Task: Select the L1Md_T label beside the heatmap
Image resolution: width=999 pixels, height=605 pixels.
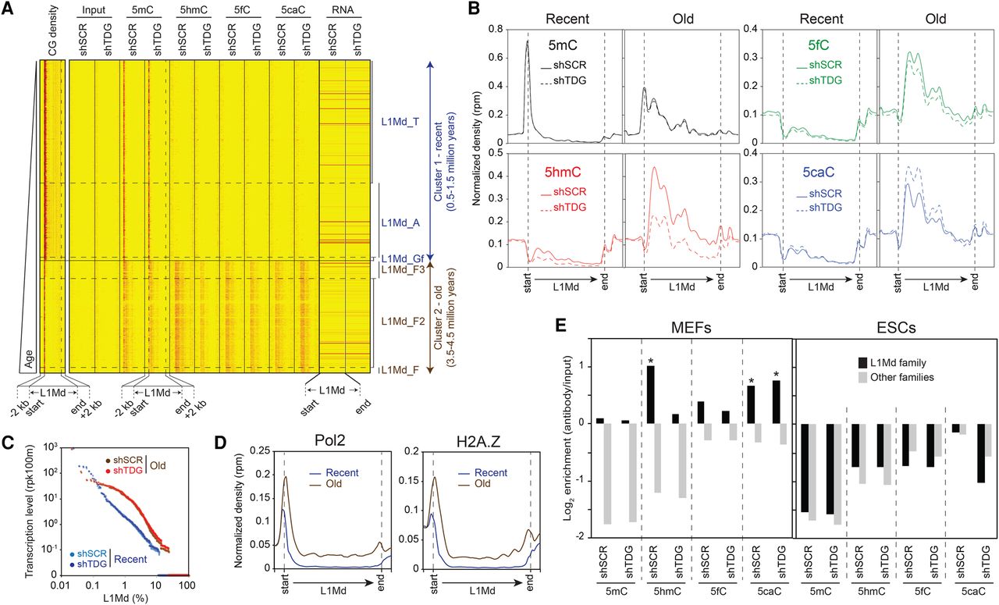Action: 400,122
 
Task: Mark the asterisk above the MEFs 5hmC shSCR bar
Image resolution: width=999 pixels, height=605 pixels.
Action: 649,361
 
